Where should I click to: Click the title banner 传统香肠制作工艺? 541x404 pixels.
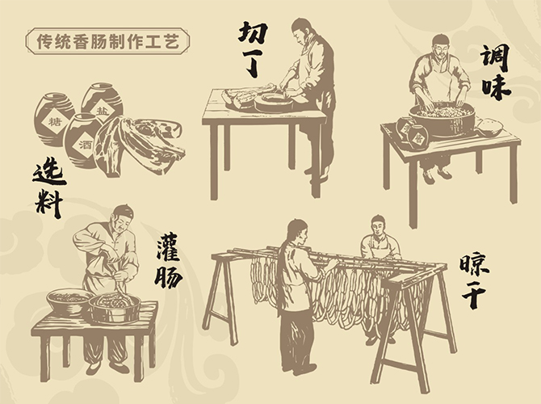[107, 41]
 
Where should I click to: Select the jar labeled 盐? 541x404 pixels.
[103, 102]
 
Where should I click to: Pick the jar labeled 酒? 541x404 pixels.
[82, 141]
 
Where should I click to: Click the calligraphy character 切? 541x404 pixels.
[254, 33]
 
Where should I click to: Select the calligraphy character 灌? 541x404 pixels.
[169, 247]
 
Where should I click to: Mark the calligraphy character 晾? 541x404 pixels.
[475, 267]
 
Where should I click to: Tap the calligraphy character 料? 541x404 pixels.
[49, 204]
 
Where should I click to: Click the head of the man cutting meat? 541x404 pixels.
[302, 31]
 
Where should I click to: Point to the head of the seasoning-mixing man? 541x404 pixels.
[441, 45]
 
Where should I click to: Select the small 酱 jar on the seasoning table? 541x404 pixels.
[417, 137]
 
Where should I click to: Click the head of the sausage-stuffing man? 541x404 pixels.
[122, 217]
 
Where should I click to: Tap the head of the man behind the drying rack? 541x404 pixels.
[378, 225]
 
